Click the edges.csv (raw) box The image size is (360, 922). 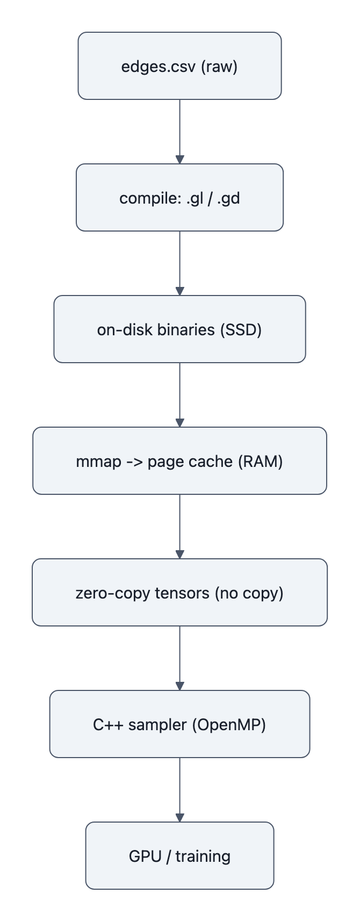[x=179, y=66]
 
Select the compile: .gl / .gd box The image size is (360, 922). [x=179, y=198]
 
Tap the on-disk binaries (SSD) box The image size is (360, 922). [x=179, y=329]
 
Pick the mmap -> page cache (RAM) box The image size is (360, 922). [x=179, y=461]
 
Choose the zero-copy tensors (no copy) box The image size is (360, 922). [x=179, y=593]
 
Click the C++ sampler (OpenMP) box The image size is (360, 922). [x=179, y=724]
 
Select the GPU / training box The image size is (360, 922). [x=179, y=856]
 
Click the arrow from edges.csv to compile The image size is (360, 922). [x=179, y=131]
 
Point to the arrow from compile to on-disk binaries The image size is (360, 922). [x=179, y=263]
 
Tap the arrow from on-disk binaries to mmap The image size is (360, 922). [x=179, y=394]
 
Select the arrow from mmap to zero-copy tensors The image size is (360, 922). [x=179, y=526]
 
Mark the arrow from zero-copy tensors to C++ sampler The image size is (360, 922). [x=179, y=658]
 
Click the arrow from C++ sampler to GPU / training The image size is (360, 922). [x=179, y=789]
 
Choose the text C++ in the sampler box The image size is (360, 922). [x=106, y=724]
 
